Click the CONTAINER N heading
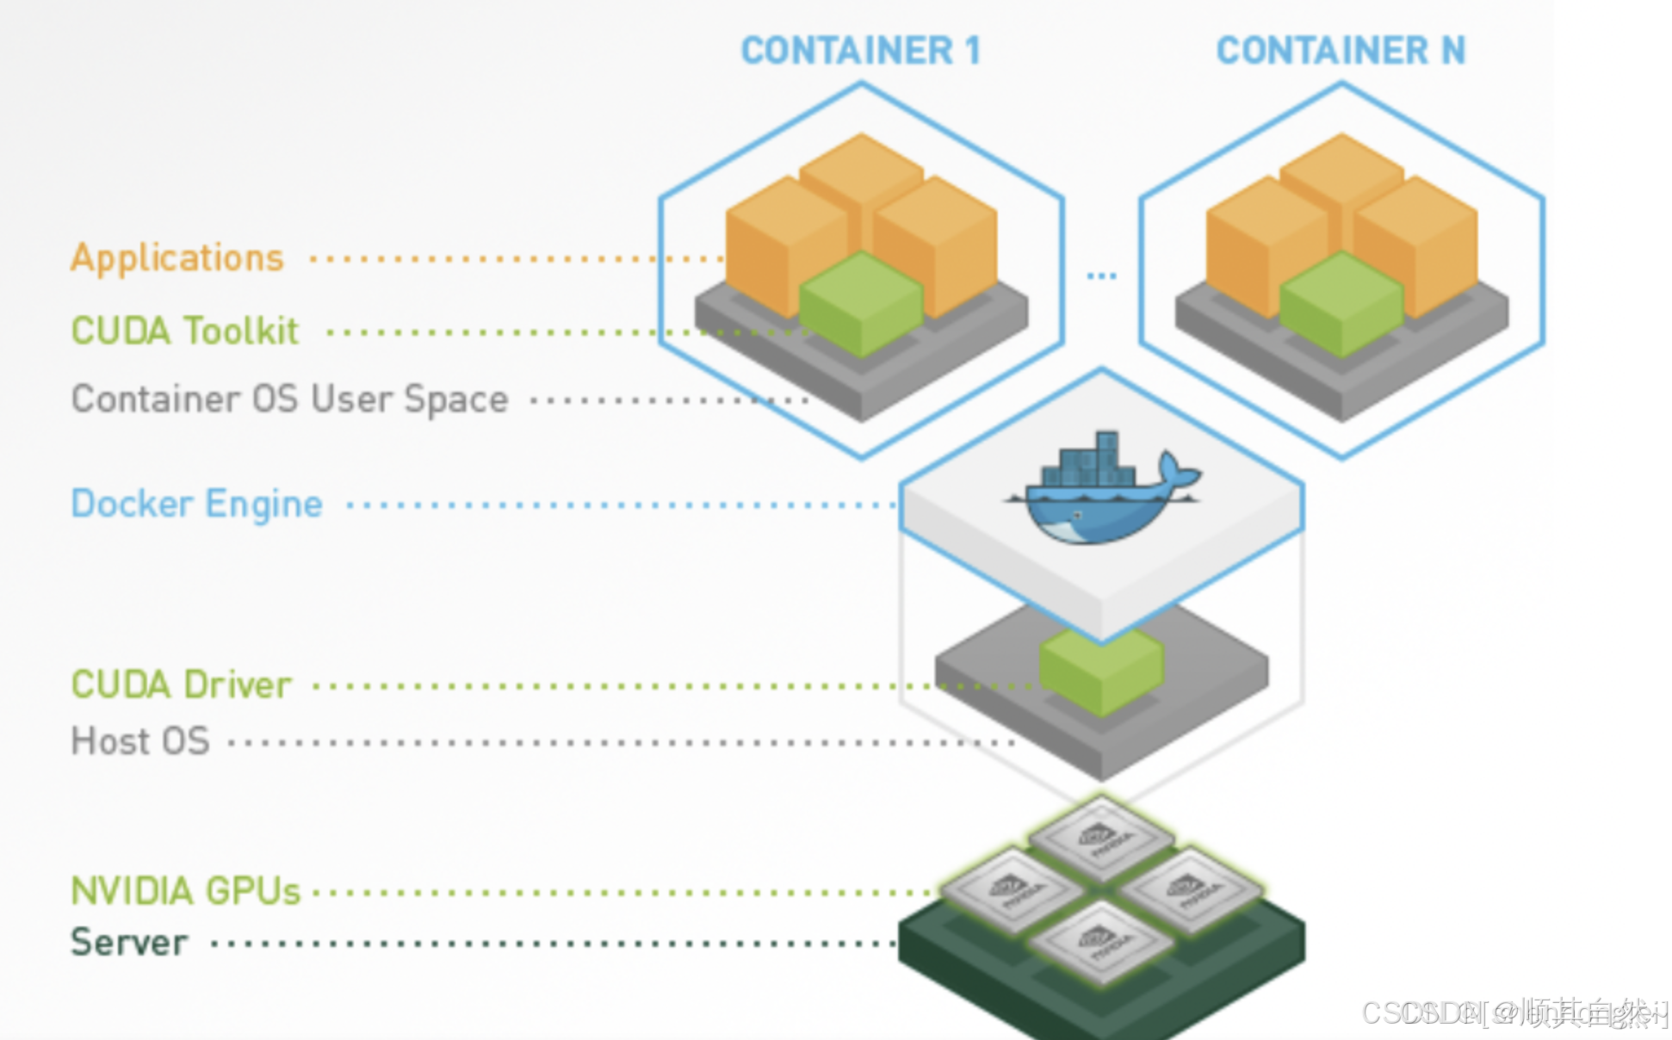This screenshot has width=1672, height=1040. pos(1341,51)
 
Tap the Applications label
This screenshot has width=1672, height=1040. pos(177,258)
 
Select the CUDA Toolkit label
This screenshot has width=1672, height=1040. pos(184,331)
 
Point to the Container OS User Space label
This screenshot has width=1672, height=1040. pos(289,399)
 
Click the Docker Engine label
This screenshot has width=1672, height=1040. pos(196,505)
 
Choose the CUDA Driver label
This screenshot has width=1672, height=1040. pos(181,685)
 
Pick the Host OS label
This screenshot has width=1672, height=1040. pos(140,741)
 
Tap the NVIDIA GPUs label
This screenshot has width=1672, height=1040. pos(185,891)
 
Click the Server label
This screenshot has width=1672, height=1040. pos(129,943)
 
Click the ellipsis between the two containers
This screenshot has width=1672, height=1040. pos(1101,276)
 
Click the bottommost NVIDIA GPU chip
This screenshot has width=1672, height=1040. pos(1101,941)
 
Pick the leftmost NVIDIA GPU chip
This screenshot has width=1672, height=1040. pos(1012,888)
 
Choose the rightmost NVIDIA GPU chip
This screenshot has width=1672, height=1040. pos(1191,888)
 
